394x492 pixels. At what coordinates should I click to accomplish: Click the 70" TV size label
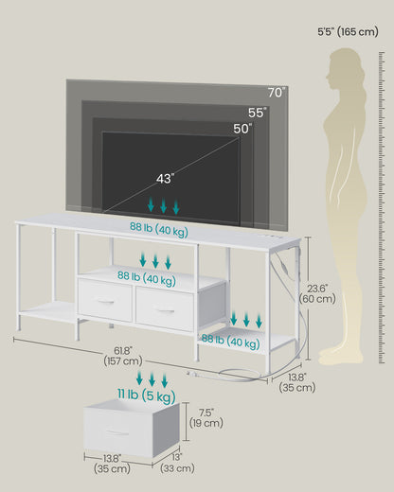coord(277,93)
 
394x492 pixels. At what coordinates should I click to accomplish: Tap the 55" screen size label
coord(257,113)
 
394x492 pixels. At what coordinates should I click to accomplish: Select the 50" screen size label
coord(242,129)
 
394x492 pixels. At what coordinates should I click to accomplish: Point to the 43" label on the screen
coord(165,179)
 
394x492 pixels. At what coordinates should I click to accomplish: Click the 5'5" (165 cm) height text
coord(348,31)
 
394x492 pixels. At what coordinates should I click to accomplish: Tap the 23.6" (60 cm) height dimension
coord(317,293)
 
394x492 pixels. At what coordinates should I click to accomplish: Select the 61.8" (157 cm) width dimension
coord(123,356)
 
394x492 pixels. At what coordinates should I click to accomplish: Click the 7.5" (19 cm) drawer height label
coord(206,418)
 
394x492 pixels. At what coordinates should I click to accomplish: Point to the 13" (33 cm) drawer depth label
coord(177,463)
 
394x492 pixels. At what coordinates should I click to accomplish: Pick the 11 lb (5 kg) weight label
coord(147,395)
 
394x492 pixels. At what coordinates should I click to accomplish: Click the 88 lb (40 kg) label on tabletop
coord(159,229)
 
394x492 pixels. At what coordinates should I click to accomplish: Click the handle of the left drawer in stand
coord(106,302)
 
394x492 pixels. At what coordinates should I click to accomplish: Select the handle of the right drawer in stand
coord(166,311)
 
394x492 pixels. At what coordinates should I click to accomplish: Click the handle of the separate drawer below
coord(117,432)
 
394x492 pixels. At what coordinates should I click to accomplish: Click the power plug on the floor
coord(192,375)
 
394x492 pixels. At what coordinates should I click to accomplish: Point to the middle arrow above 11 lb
coord(152,379)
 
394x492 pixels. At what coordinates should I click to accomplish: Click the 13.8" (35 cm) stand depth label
coord(297,382)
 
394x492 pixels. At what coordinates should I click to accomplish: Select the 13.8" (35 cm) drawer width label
coord(112,464)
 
